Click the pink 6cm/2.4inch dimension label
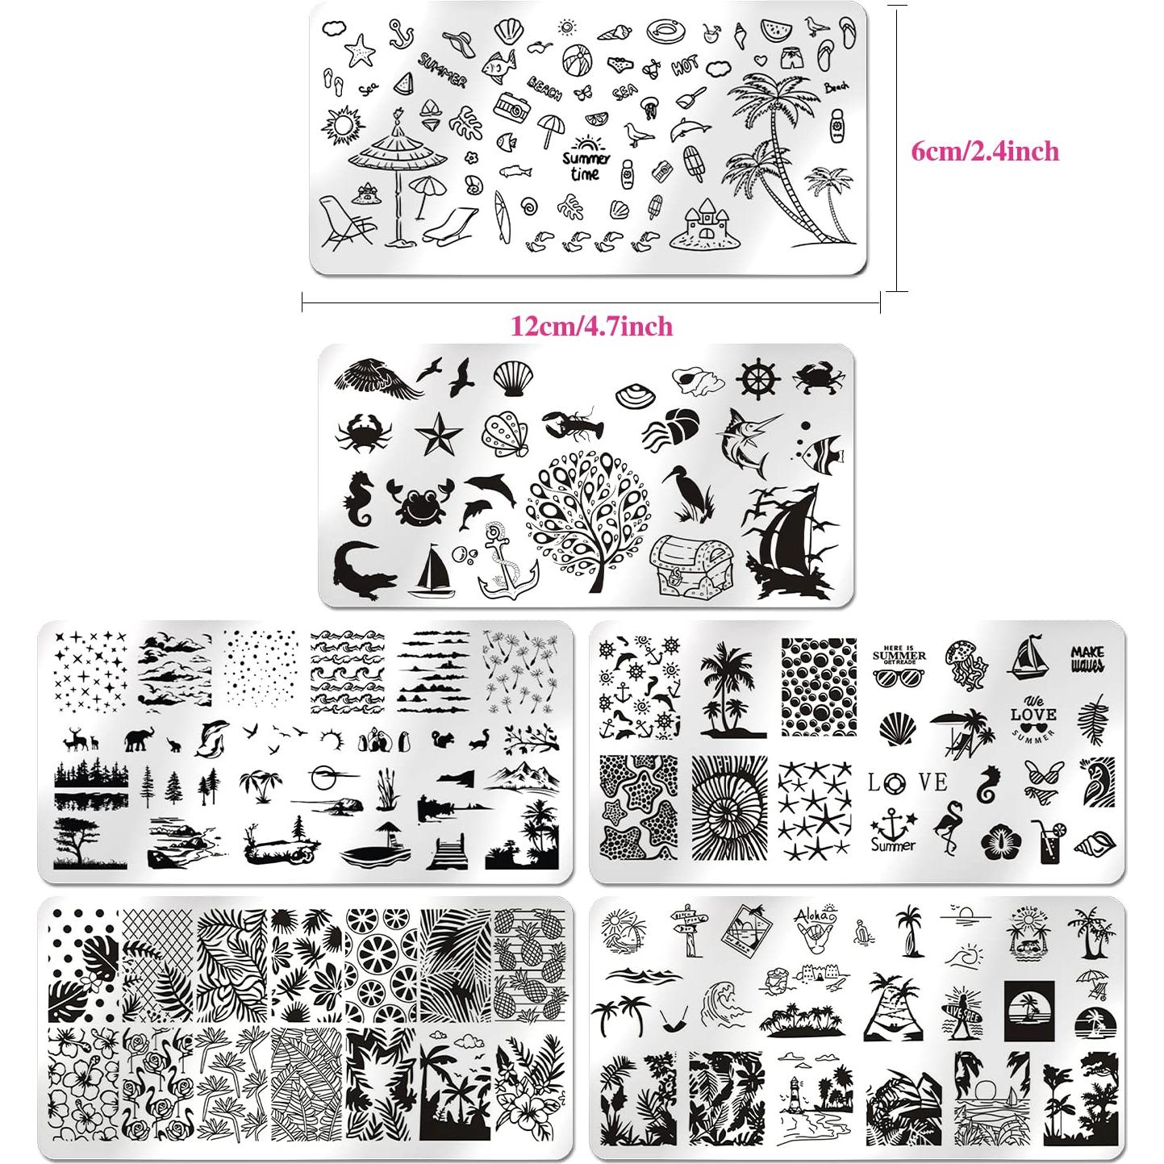point(984,151)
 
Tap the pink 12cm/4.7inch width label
point(591,326)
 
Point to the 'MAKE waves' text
point(1087,658)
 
